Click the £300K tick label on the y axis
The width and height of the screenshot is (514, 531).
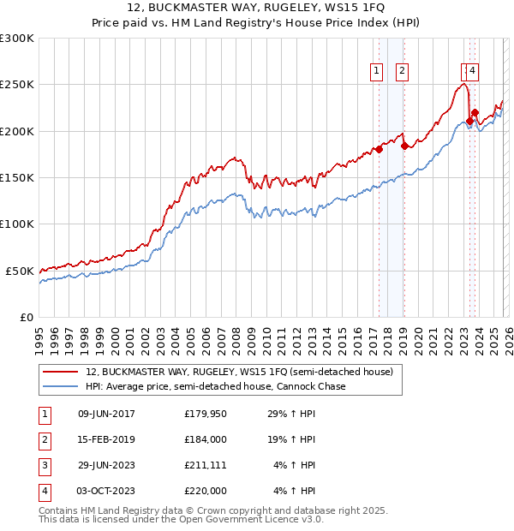coord(17,39)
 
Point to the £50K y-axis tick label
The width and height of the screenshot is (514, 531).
coord(20,271)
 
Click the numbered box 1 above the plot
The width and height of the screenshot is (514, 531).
coord(377,72)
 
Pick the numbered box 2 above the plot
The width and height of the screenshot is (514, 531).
coord(402,72)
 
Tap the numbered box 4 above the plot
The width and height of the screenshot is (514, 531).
coord(473,72)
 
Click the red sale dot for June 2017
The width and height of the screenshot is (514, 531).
coord(379,150)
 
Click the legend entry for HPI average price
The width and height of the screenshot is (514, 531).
coord(215,387)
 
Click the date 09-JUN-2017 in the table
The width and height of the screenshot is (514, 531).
coord(106,415)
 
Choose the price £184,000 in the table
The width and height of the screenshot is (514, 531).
coord(206,439)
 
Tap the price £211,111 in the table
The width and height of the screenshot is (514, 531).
coord(206,465)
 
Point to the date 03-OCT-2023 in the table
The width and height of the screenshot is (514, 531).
coord(106,491)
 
